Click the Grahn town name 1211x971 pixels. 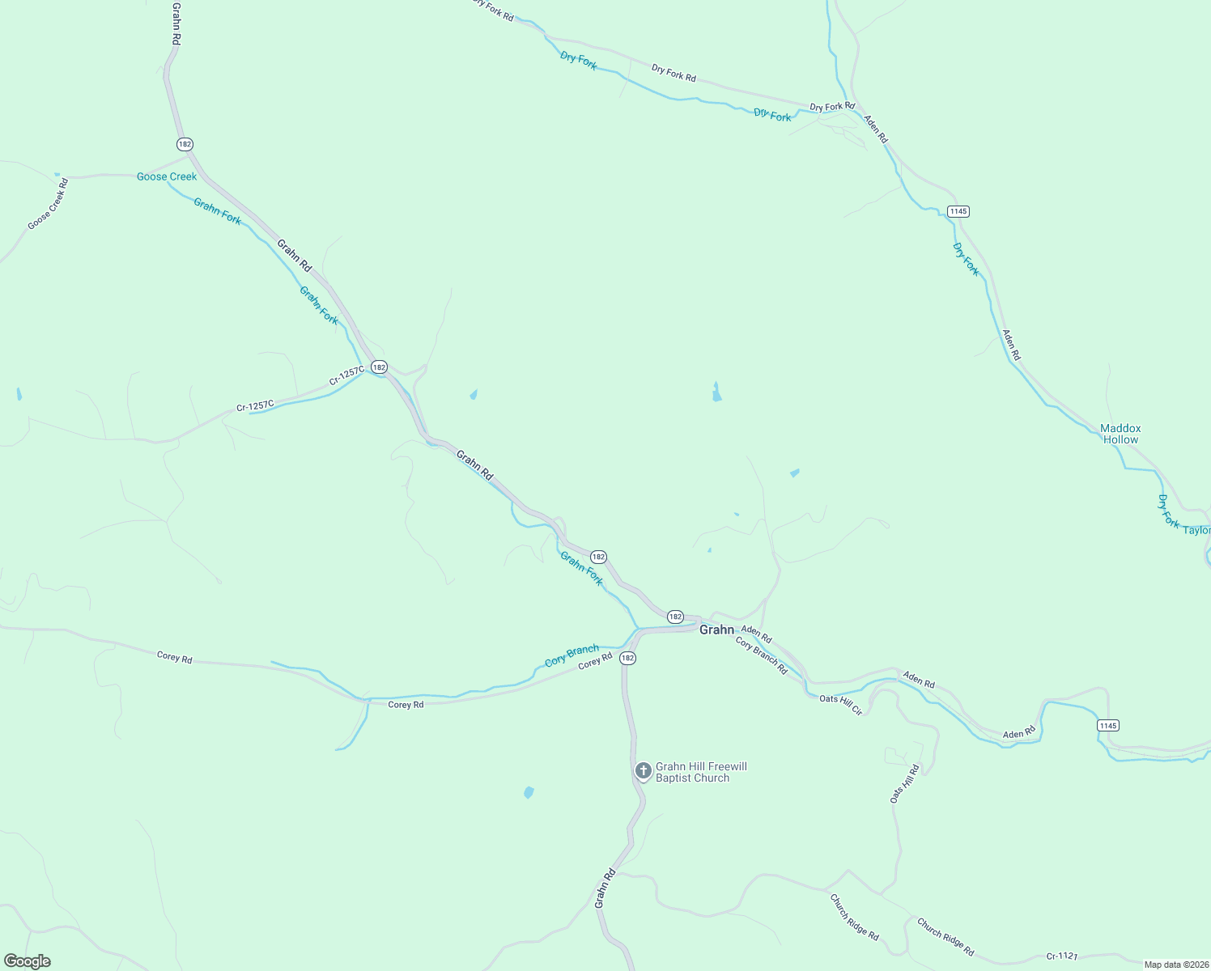716,630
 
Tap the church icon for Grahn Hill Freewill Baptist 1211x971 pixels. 643,770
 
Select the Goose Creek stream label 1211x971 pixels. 167,176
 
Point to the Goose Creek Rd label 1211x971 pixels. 49,204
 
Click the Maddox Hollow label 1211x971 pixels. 1120,434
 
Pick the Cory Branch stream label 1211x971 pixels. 572,655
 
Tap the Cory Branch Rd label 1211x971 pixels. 762,655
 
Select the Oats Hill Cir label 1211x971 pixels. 841,704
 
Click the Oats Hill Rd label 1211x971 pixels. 905,783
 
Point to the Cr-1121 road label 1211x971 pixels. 1061,956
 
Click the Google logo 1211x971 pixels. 27,961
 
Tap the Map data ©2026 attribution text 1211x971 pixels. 1175,965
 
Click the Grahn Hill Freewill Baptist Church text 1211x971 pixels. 701,772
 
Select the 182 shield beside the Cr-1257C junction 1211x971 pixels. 380,367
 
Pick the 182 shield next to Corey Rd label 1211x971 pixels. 628,659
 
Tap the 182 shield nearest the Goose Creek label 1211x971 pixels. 185,144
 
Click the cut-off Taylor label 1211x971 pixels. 1196,531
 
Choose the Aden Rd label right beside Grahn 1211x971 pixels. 757,634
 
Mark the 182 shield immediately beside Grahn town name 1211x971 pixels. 675,617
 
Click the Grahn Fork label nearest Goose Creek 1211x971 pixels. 217,211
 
